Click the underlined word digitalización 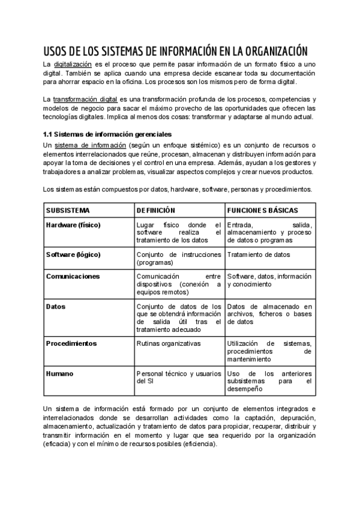[x=73, y=64]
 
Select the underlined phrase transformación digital [x=85, y=98]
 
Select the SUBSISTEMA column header [x=68, y=211]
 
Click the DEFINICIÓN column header [x=155, y=211]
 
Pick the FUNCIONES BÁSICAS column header [x=262, y=211]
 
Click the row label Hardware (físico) [x=73, y=225]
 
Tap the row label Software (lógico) [x=73, y=254]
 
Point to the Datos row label [x=56, y=306]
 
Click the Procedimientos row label [x=71, y=343]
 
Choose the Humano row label [x=59, y=373]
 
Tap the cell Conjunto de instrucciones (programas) [x=178, y=258]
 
